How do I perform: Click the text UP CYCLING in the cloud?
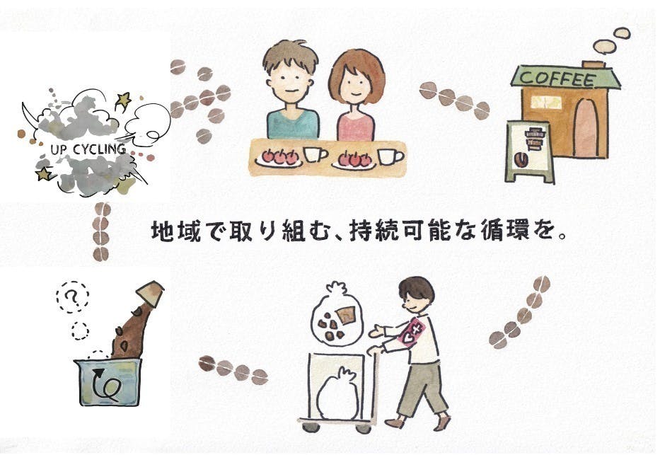click(89, 149)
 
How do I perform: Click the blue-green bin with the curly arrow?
click(108, 381)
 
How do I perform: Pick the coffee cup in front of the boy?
click(315, 155)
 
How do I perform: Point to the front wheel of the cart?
click(362, 428)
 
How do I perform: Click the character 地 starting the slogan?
click(163, 234)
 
